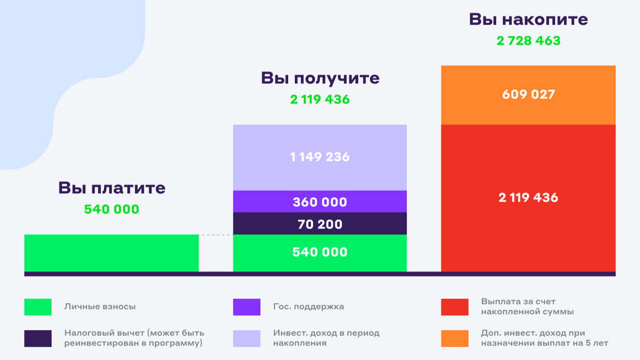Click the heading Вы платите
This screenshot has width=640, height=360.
click(x=112, y=188)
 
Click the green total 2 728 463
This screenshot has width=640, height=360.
click(x=528, y=41)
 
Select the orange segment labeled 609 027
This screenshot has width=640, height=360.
click(x=528, y=95)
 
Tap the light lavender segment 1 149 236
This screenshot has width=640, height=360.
click(x=320, y=157)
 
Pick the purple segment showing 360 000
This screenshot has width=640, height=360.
click(x=320, y=202)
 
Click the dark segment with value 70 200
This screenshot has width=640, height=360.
click(x=320, y=224)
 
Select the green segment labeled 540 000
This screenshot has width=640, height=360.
click(x=320, y=252)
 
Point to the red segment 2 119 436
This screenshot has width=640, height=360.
click(x=528, y=198)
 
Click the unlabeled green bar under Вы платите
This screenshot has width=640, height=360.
click(x=111, y=253)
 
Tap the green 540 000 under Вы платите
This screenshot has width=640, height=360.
click(x=112, y=209)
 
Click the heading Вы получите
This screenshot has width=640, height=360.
click(x=320, y=79)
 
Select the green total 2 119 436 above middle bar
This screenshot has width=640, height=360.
click(x=320, y=99)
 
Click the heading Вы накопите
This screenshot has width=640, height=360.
click(x=528, y=20)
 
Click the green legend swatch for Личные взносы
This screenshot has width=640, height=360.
click(x=38, y=307)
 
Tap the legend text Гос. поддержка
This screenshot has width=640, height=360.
click(x=308, y=307)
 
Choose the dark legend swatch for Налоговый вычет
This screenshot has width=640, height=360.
click(x=38, y=338)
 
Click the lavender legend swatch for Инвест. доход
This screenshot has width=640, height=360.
click(x=247, y=338)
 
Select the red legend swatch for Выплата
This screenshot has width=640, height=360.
click(x=455, y=307)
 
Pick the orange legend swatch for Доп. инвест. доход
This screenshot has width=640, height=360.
click(x=455, y=338)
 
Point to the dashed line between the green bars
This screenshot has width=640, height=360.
click(x=216, y=235)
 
